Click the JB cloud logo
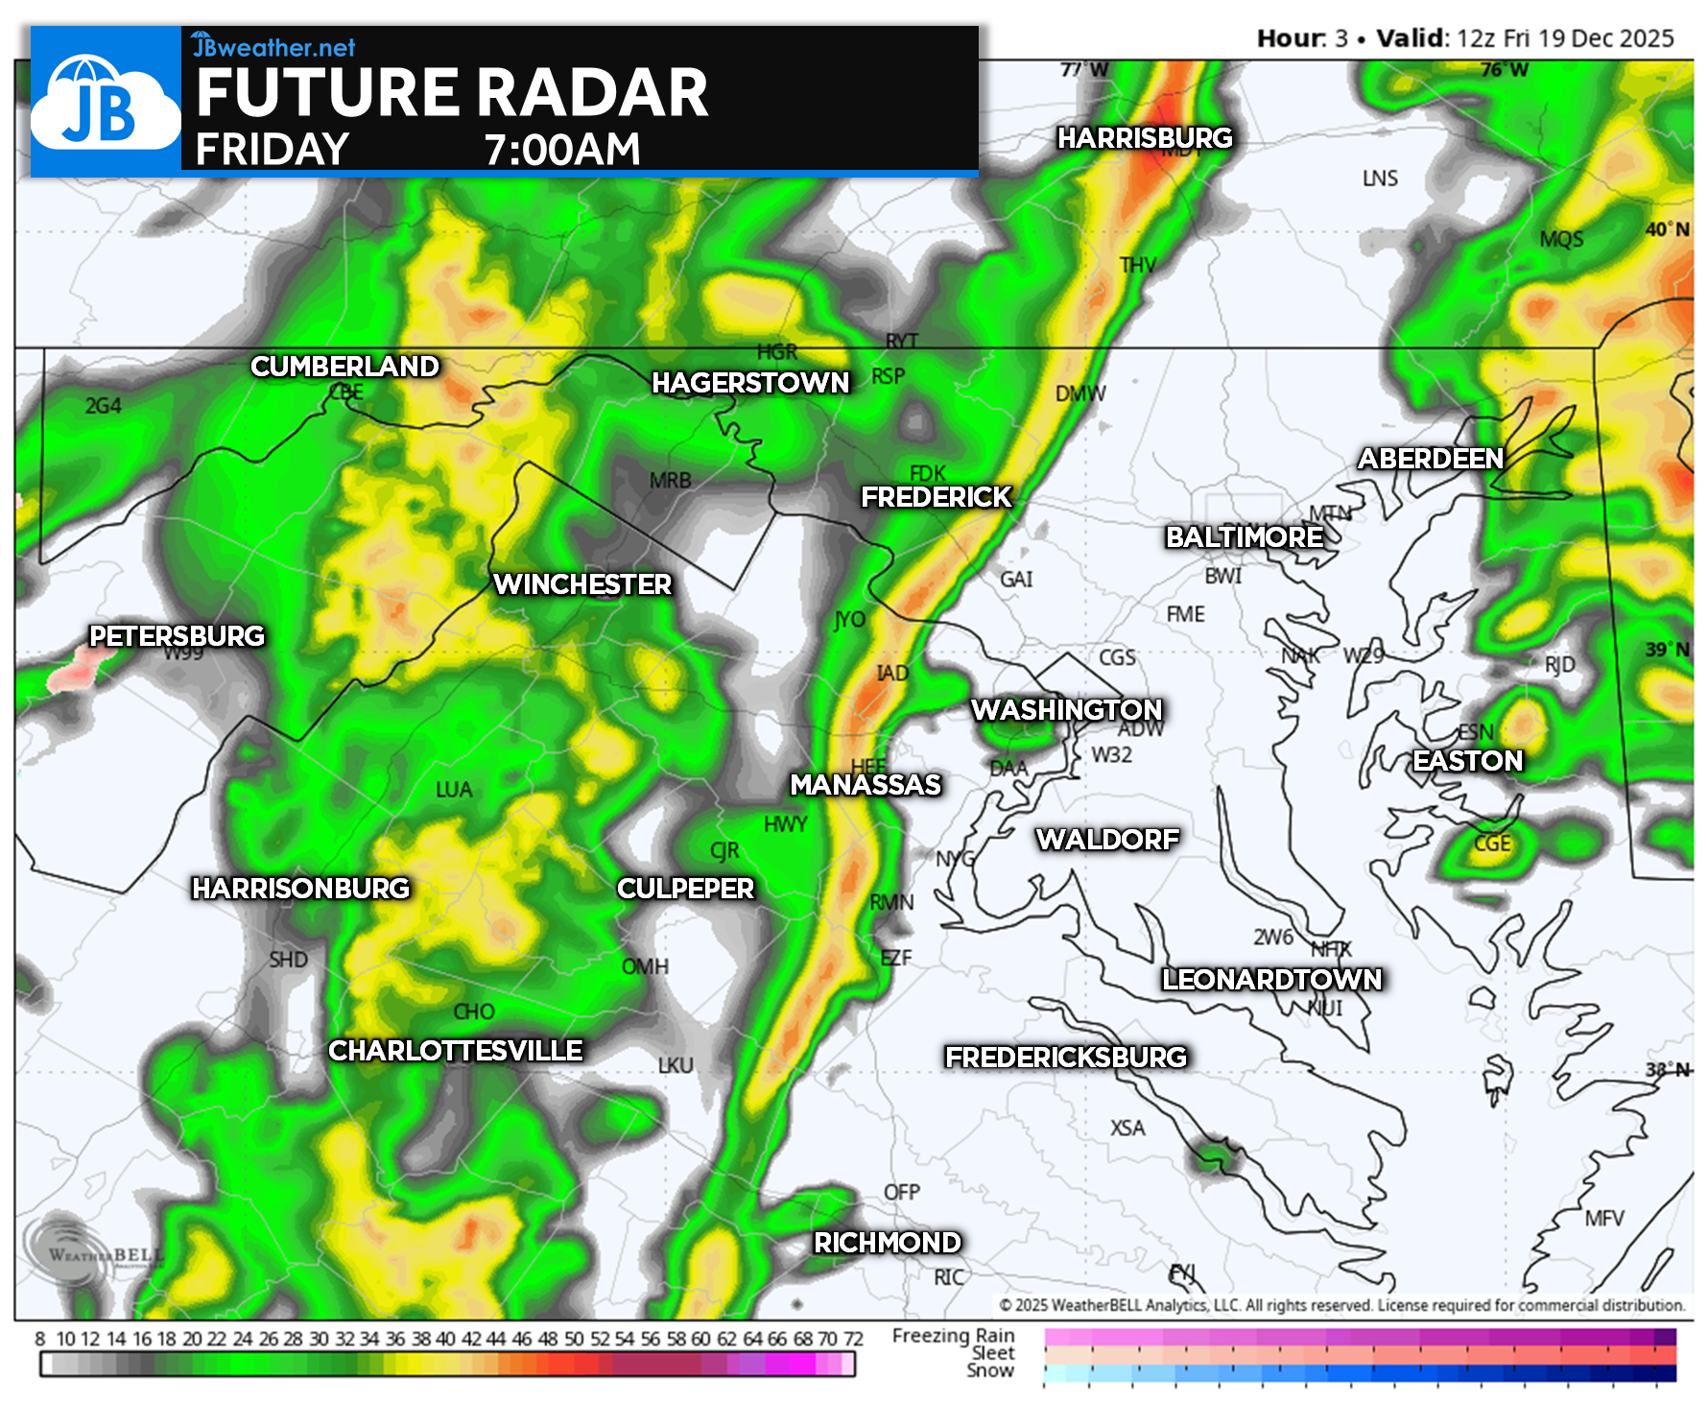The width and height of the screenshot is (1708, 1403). click(x=105, y=102)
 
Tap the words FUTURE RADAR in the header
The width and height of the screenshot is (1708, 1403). click(x=451, y=93)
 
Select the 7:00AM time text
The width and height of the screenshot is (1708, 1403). click(x=561, y=150)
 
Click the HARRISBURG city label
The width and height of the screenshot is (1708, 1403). click(x=1145, y=138)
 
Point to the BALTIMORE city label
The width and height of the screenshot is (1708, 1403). click(x=1244, y=536)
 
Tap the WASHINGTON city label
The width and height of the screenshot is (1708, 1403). click(x=1066, y=709)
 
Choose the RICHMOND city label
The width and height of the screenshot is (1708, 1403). click(x=887, y=1242)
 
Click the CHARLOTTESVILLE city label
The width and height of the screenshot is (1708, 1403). click(x=455, y=1050)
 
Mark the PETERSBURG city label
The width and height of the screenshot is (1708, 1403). click(x=177, y=635)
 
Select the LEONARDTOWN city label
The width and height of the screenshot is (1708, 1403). click(x=1271, y=979)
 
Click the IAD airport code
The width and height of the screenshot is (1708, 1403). click(x=892, y=673)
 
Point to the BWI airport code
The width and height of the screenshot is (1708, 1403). click(x=1222, y=576)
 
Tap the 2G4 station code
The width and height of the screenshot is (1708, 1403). click(x=103, y=406)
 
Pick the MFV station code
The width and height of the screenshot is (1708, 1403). click(x=1603, y=1218)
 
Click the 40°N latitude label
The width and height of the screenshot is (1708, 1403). click(x=1668, y=229)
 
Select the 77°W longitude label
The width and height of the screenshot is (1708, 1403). click(x=1084, y=70)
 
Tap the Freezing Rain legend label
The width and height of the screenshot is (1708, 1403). click(x=953, y=1335)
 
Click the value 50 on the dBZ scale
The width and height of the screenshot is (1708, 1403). click(x=574, y=1339)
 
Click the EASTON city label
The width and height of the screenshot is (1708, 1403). click(x=1467, y=760)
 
